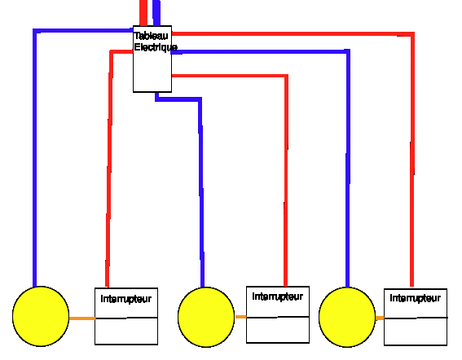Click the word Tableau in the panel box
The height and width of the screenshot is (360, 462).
pos(151,36)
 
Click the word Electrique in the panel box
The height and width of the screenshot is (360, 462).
pos(156,47)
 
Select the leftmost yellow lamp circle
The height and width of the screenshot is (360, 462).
pos(41,316)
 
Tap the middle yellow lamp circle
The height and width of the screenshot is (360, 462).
pos(206,317)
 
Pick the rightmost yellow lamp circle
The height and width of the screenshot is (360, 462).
pos(347,317)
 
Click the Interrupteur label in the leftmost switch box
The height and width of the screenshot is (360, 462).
pos(126,299)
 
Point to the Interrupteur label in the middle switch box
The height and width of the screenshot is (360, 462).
pos(278,296)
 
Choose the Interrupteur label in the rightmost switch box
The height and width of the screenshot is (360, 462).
pos(416,298)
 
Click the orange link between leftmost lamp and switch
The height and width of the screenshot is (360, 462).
pos(82,318)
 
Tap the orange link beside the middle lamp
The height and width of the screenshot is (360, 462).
pos(240,317)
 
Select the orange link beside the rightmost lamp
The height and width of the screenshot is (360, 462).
pos(380,318)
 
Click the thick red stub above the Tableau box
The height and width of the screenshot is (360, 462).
pos(143,13)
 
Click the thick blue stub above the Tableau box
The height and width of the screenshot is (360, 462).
pos(156,13)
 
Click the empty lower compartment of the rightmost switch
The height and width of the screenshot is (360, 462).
pos(416,331)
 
